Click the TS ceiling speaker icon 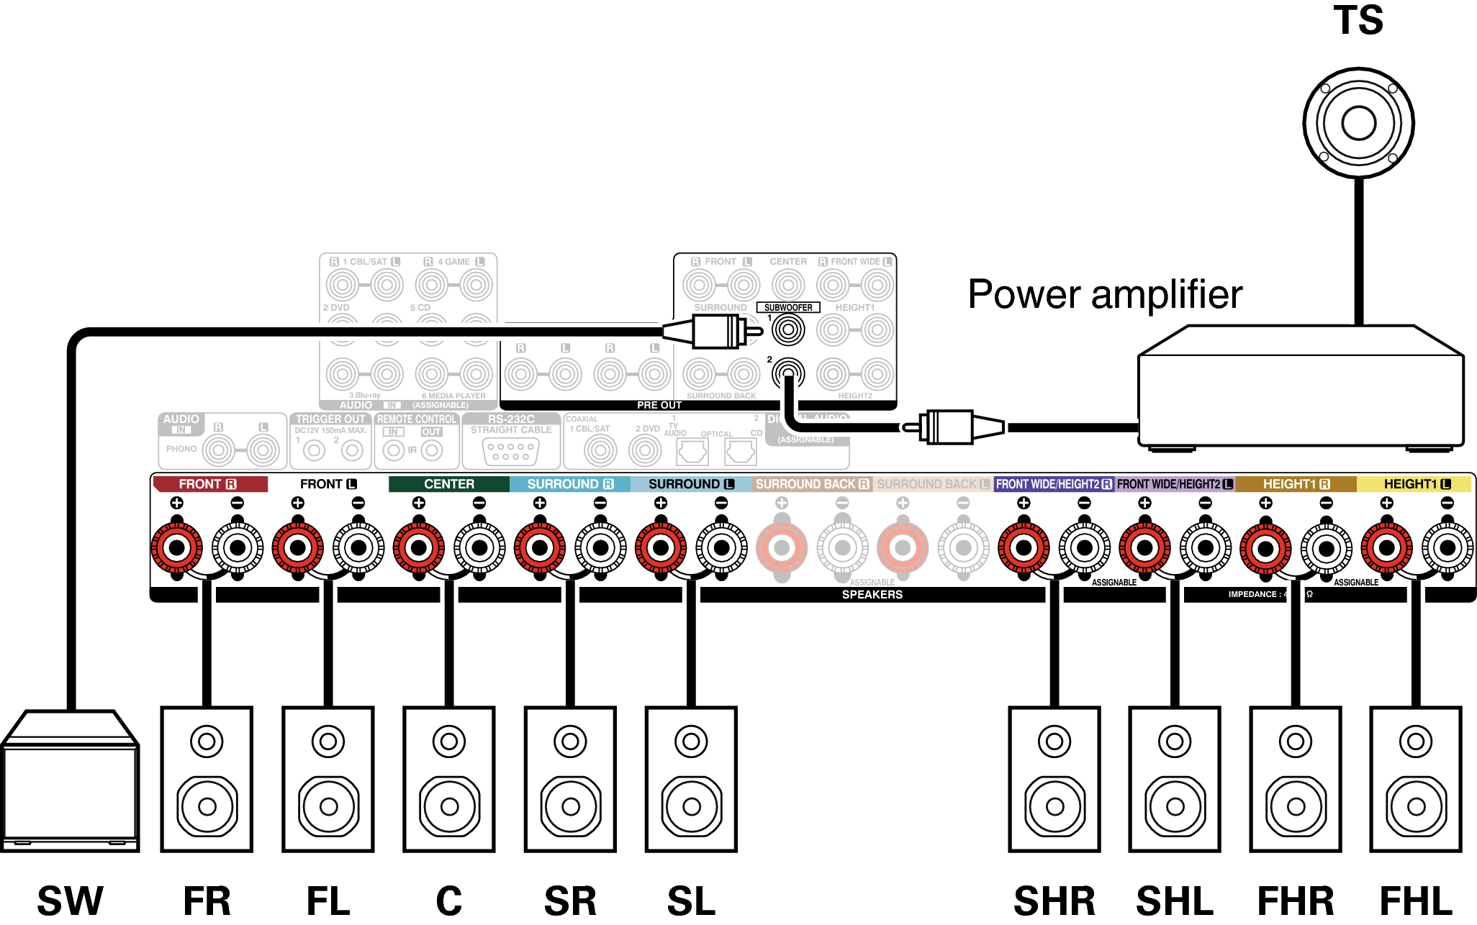tap(1358, 123)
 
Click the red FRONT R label tap(209, 484)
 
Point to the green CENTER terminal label tap(448, 484)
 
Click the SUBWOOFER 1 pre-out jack tap(788, 330)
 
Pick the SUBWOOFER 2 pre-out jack tap(788, 373)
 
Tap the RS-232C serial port tap(510, 451)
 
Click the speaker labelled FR tap(207, 779)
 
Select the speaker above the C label tap(448, 779)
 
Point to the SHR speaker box tap(1054, 779)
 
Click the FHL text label tap(1415, 901)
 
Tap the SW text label tap(70, 901)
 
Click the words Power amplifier tap(1105, 294)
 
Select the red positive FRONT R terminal tap(176, 548)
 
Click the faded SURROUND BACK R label tap(812, 484)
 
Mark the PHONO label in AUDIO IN tap(181, 449)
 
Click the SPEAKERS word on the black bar tap(872, 595)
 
